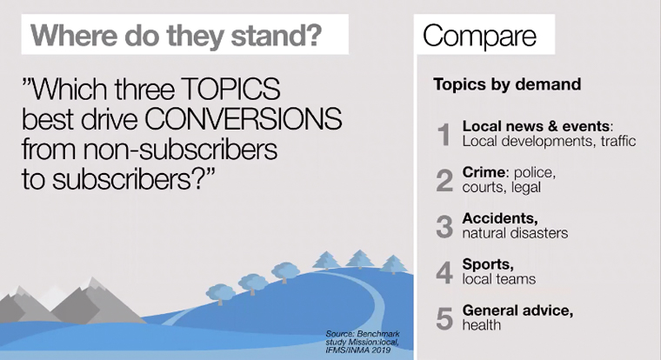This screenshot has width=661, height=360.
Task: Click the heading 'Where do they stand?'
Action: coord(177,36)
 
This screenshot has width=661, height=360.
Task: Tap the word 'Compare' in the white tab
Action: coord(479,36)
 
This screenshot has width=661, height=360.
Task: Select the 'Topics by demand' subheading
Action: coord(507,84)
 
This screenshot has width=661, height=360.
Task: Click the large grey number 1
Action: coord(444,135)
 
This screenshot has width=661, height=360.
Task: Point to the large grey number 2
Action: coord(444,180)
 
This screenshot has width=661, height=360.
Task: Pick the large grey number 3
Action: coord(444,226)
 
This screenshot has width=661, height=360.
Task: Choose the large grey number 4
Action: coord(444,272)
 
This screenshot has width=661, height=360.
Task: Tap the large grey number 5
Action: coord(444,318)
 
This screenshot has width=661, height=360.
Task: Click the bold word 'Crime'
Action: coord(484,172)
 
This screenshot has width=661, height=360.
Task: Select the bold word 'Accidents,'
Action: coord(500,218)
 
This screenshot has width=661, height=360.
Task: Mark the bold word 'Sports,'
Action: coord(488,264)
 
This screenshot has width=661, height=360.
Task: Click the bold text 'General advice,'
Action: coord(517,310)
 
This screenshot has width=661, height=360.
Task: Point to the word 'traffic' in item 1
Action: coord(618,141)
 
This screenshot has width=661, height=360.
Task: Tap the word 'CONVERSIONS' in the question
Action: coord(244,119)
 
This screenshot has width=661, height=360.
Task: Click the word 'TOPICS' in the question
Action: coord(230,89)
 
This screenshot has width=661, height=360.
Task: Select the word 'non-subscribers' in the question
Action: coord(180,150)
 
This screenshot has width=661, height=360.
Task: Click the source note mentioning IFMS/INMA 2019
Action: coord(363,342)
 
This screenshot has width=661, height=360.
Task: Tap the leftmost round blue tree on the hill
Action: coord(220,293)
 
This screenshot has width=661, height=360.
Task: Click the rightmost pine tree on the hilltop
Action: coord(393,264)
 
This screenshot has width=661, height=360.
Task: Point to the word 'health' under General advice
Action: coord(482,325)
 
